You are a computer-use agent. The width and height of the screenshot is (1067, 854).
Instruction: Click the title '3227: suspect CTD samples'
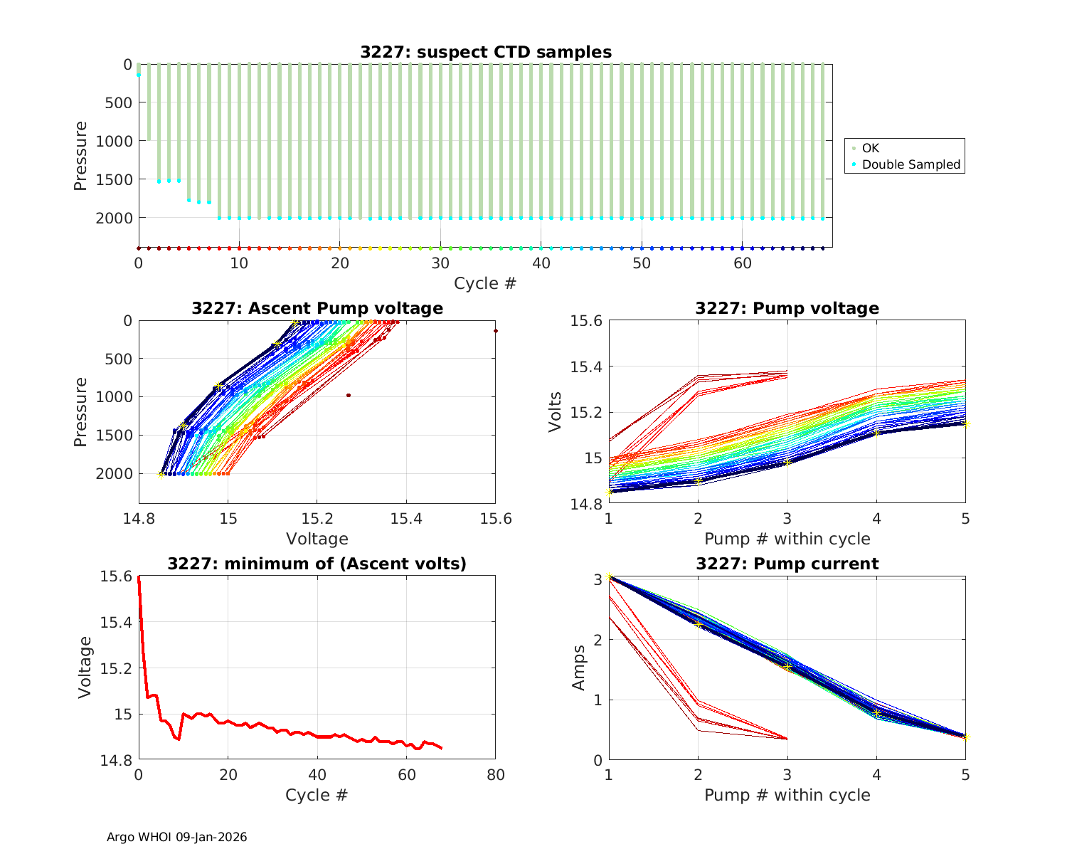click(485, 52)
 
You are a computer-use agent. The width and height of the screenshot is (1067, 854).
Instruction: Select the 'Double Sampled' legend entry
click(911, 164)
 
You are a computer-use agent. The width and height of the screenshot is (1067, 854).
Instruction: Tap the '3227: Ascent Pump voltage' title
click(317, 308)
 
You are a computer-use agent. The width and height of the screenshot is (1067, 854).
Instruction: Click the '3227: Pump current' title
click(787, 564)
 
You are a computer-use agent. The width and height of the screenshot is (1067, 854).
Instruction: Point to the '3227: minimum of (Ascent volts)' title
click(317, 564)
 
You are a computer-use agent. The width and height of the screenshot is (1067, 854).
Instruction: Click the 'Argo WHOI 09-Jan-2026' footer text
click(177, 837)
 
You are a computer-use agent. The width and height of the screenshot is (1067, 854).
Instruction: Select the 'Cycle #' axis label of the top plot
click(485, 283)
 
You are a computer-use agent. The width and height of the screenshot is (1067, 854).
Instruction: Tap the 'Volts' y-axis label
click(556, 412)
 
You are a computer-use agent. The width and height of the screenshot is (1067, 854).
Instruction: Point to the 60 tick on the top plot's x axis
click(743, 263)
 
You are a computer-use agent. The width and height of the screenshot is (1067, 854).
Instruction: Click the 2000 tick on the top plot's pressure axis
click(114, 218)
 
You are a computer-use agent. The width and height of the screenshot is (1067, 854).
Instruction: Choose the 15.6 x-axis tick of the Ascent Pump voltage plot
click(496, 518)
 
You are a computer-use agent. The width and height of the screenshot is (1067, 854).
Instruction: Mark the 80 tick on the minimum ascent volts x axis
click(496, 774)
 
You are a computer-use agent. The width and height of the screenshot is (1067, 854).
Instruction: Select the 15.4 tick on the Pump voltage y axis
click(587, 367)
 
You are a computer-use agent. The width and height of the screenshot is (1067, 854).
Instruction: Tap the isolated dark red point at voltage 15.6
click(496, 331)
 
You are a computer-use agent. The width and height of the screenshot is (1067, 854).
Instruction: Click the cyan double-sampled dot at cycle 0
click(139, 75)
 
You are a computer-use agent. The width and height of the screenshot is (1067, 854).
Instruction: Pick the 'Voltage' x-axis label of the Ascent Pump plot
click(317, 539)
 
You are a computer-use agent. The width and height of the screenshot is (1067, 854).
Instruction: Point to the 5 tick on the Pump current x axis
click(965, 774)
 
